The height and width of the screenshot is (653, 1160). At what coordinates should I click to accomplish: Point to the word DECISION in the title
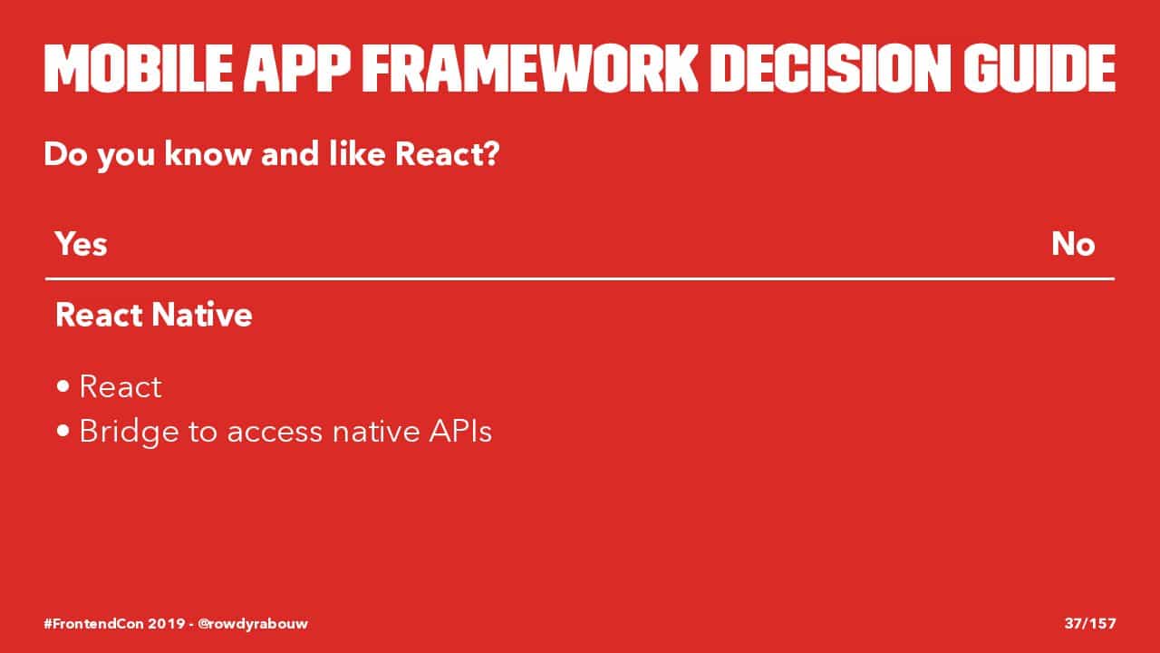(x=830, y=68)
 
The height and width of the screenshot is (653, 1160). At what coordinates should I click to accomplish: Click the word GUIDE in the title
(x=1039, y=68)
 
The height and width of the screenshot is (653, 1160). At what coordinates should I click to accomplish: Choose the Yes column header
(x=82, y=244)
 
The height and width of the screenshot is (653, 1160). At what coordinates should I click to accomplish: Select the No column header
(x=1073, y=244)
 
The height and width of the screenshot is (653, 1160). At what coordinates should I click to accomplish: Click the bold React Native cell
(x=154, y=315)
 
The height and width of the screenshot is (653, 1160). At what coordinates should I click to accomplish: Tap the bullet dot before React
(x=63, y=386)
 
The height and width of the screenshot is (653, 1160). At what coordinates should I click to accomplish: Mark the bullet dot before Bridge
(x=63, y=431)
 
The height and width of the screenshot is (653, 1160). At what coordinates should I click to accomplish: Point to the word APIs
(x=460, y=431)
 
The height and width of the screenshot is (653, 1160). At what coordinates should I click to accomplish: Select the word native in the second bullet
(x=376, y=431)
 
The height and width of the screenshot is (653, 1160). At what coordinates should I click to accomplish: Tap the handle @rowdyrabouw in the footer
(x=253, y=623)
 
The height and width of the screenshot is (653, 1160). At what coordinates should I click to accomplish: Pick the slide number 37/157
(x=1090, y=623)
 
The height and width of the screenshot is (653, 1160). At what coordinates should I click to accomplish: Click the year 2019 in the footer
(x=167, y=623)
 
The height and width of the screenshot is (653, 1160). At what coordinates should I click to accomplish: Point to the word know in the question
(x=208, y=153)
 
